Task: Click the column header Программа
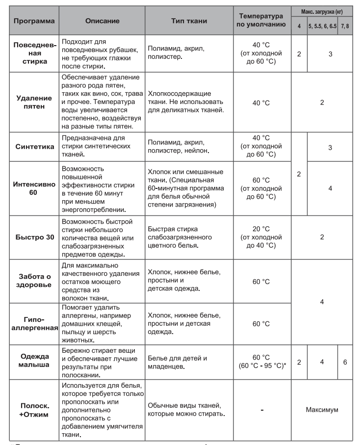pyautogui.click(x=33, y=22)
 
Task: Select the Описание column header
pyautogui.click(x=101, y=22)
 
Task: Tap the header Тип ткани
pyautogui.click(x=189, y=22)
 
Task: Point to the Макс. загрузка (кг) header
pyautogui.click(x=322, y=10)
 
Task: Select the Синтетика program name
pyautogui.click(x=33, y=147)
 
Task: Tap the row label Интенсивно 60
pyautogui.click(x=33, y=188)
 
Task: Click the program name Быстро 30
pyautogui.click(x=33, y=237)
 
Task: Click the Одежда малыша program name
pyautogui.click(x=33, y=362)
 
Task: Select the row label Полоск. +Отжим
pyautogui.click(x=33, y=409)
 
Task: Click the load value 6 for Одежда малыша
pyautogui.click(x=345, y=362)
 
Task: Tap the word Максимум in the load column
pyautogui.click(x=322, y=409)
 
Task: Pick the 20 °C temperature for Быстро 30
pyautogui.click(x=261, y=228)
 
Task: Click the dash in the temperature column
pyautogui.click(x=261, y=409)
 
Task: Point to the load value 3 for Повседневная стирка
pyautogui.click(x=330, y=53)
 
